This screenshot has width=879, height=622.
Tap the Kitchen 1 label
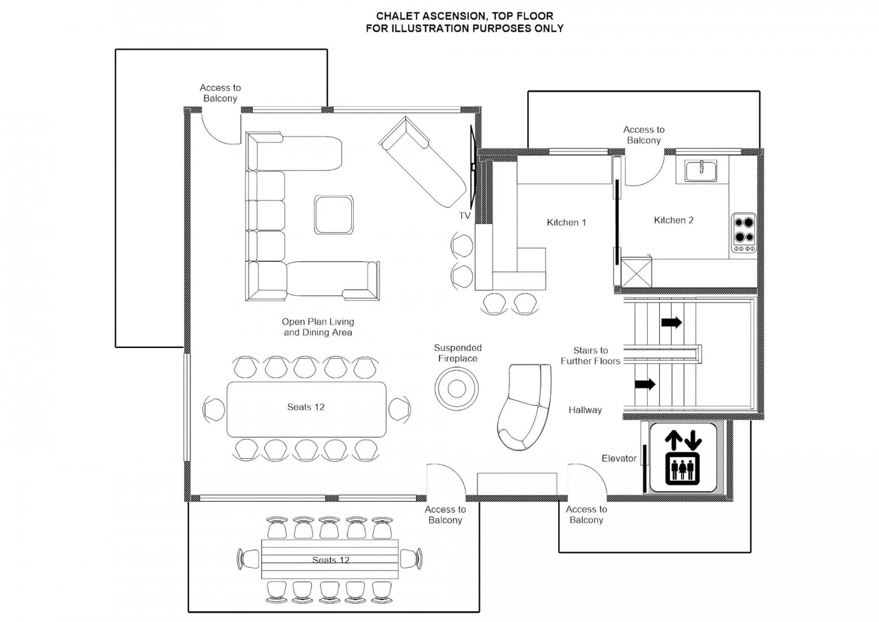pyautogui.click(x=566, y=222)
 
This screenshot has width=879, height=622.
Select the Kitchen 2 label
pyautogui.click(x=673, y=220)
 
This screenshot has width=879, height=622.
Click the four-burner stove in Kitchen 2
pyautogui.click(x=743, y=233)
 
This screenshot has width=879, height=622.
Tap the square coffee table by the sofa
pyautogui.click(x=334, y=215)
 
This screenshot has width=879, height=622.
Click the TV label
pyautogui.click(x=465, y=215)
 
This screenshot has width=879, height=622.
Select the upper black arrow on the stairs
pyautogui.click(x=672, y=322)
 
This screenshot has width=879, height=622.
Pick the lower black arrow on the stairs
pyautogui.click(x=645, y=384)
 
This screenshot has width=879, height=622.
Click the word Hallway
pyautogui.click(x=585, y=410)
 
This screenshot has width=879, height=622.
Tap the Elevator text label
pyautogui.click(x=619, y=458)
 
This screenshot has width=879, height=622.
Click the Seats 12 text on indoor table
pyautogui.click(x=306, y=407)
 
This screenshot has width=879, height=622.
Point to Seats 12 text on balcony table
pyautogui.click(x=331, y=560)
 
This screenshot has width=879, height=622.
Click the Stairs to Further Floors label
pyautogui.click(x=591, y=356)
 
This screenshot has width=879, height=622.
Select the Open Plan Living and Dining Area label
pyautogui.click(x=318, y=327)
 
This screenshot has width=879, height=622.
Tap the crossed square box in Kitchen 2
pyautogui.click(x=636, y=273)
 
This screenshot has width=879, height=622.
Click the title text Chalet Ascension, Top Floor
pyautogui.click(x=465, y=16)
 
